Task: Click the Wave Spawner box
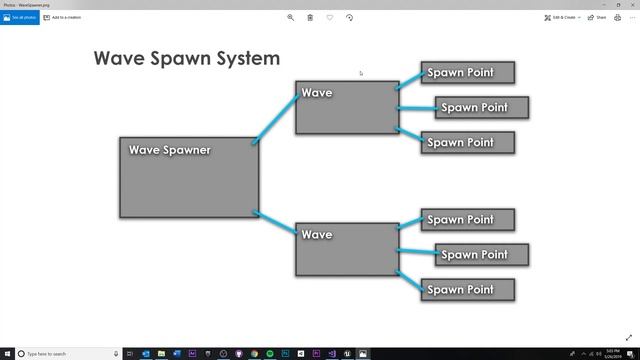point(189,177)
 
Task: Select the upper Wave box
point(347,107)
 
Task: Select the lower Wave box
point(347,249)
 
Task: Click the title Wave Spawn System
point(187,58)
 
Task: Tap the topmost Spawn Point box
point(467,72)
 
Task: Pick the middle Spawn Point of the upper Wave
point(481,107)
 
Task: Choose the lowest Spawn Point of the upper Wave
point(467,142)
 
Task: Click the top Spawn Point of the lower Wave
point(467,219)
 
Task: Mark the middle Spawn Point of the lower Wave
point(481,254)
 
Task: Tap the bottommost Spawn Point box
point(467,289)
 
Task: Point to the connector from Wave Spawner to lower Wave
point(277,222)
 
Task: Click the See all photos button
point(19,17)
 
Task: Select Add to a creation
point(62,17)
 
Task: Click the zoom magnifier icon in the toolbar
point(291,17)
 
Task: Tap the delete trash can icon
point(310,17)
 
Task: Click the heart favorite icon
point(330,17)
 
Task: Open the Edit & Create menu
point(563,17)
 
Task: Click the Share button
point(598,17)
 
